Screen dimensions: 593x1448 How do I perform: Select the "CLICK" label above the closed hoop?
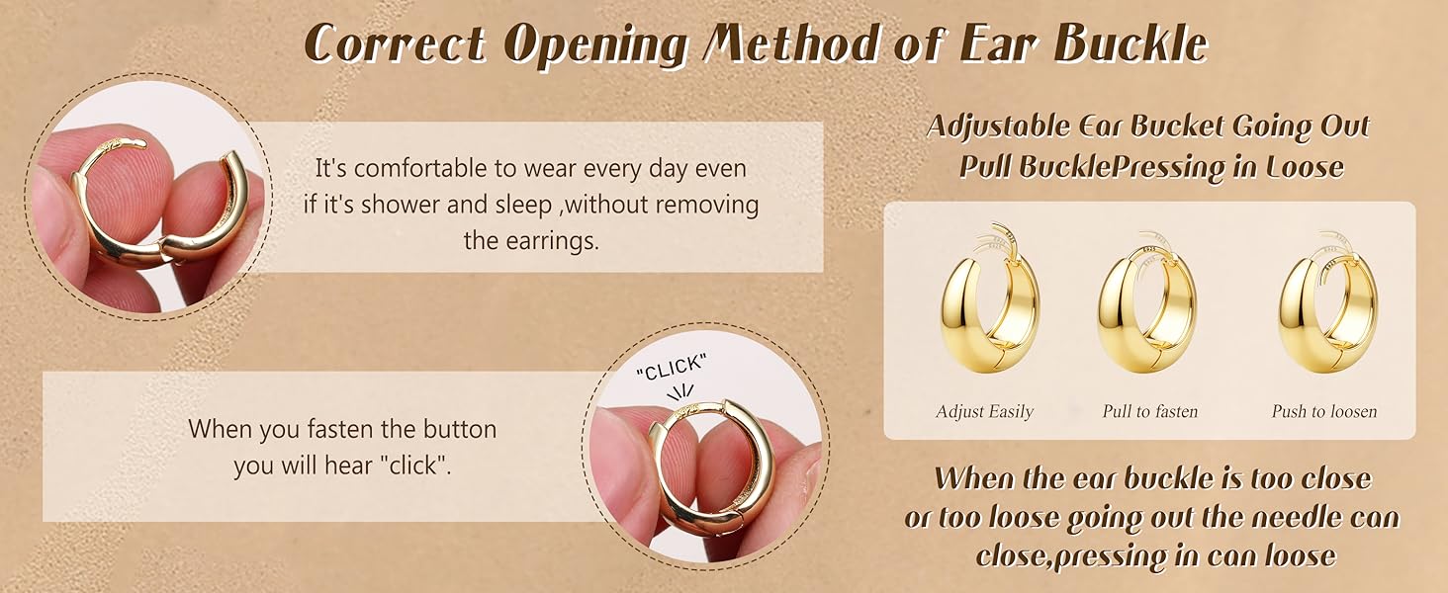pyautogui.click(x=674, y=368)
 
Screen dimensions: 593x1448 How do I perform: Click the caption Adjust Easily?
pyautogui.click(x=984, y=411)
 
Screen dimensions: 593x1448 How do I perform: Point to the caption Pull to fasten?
pyautogui.click(x=1149, y=411)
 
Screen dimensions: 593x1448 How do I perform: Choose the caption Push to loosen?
pyautogui.click(x=1324, y=411)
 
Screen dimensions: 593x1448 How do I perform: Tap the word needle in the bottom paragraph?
pyautogui.click(x=1310, y=518)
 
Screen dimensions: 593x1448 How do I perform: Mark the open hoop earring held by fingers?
pyautogui.click(x=158, y=212)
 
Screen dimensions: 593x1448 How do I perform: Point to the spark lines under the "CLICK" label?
pyautogui.click(x=681, y=391)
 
